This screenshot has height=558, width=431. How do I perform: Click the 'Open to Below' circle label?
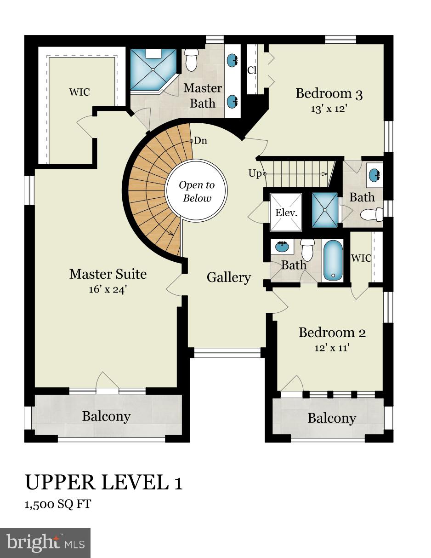click(197, 192)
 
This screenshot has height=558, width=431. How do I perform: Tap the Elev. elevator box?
click(286, 213)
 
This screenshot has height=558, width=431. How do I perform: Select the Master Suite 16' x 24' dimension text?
click(108, 290)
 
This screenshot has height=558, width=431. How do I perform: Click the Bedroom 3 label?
click(329, 94)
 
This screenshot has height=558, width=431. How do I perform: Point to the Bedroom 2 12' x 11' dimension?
click(332, 348)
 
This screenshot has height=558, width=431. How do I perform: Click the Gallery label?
click(228, 277)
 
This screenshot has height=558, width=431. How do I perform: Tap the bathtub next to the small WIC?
click(333, 260)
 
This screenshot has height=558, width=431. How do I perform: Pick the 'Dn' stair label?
click(200, 141)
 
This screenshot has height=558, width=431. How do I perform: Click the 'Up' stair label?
click(255, 173)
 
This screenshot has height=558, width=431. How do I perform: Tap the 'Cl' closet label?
click(252, 70)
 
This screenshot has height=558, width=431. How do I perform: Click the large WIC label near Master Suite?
click(79, 92)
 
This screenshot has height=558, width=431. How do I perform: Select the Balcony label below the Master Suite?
click(106, 416)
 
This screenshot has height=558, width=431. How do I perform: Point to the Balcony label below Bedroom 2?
click(332, 418)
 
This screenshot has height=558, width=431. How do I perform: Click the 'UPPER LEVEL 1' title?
click(103, 483)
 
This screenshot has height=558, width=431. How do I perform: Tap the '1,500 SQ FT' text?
click(57, 504)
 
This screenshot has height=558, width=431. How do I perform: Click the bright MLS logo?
click(45, 543)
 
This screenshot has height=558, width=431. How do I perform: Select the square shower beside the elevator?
click(325, 210)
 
